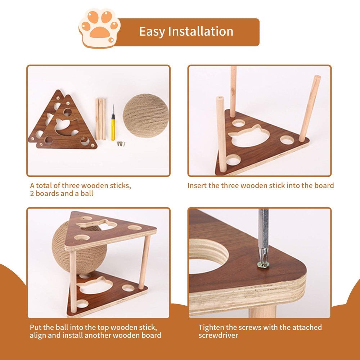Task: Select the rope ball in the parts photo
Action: (x=146, y=115)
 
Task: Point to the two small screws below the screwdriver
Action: (x=121, y=144)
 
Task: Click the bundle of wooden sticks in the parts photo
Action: (x=100, y=119)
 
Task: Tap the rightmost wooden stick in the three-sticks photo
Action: (x=310, y=108)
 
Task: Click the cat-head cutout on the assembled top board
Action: (x=95, y=224)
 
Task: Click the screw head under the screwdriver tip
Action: (x=263, y=265)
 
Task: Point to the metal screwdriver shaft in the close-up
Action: (x=263, y=230)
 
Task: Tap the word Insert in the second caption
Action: (x=197, y=186)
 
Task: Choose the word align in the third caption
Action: (x=39, y=336)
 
